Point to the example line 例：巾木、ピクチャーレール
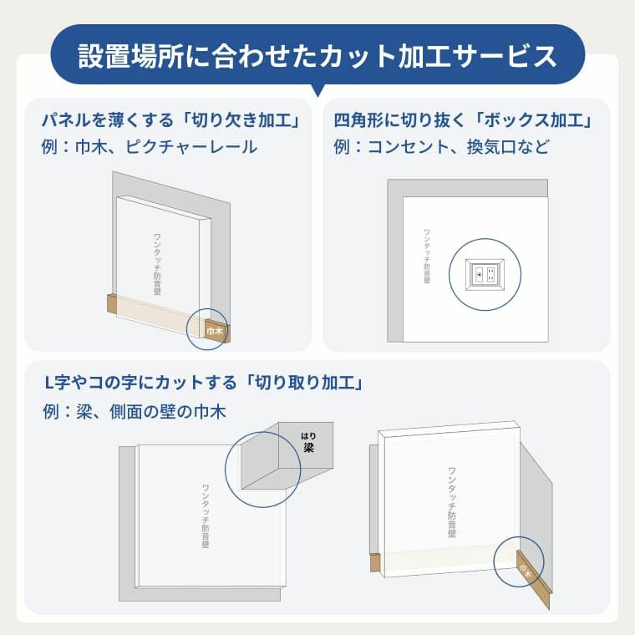(150, 147)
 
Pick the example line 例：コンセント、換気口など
(441, 147)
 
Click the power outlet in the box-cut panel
(485, 273)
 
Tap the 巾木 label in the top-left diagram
(215, 331)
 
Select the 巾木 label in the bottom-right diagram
(524, 571)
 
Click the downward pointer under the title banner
(317, 89)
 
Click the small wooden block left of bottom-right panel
(374, 564)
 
